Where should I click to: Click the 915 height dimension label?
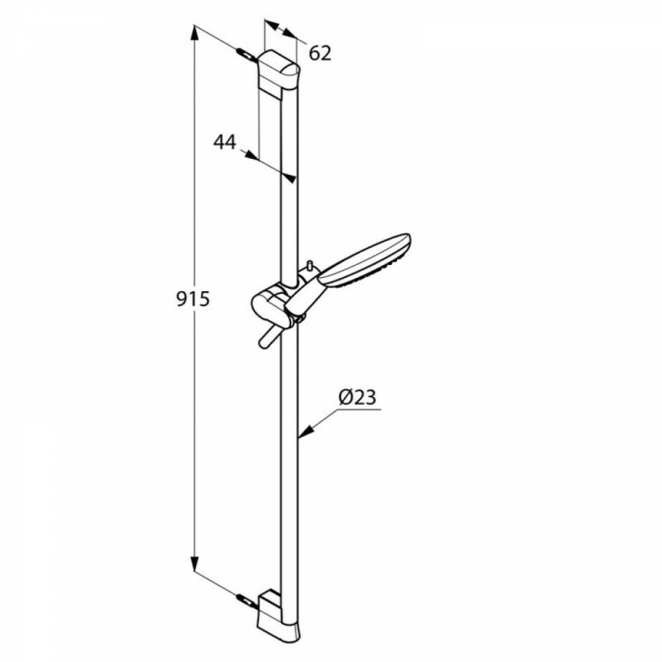pos(192,299)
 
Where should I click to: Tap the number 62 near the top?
pos(320,53)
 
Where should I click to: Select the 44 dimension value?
pos(224,142)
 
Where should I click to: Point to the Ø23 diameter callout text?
pos(357,397)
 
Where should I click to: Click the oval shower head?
pos(365,260)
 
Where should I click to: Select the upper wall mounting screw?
pos(246,56)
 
